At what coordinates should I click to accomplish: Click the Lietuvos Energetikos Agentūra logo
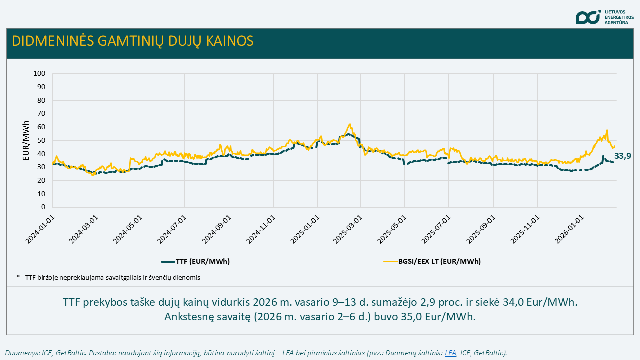click(x=605, y=17)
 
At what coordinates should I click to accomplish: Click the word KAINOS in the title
click(x=228, y=41)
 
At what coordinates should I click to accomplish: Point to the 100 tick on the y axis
click(x=39, y=74)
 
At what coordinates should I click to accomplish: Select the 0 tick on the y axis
click(x=43, y=207)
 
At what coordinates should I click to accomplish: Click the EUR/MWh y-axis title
click(x=26, y=140)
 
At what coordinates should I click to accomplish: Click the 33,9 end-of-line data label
click(x=622, y=156)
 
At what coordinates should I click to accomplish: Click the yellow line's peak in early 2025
click(x=350, y=124)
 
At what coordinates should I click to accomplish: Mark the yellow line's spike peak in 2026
click(x=607, y=130)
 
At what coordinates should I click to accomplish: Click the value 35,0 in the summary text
click(x=427, y=317)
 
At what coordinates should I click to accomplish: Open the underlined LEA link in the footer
click(x=451, y=353)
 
